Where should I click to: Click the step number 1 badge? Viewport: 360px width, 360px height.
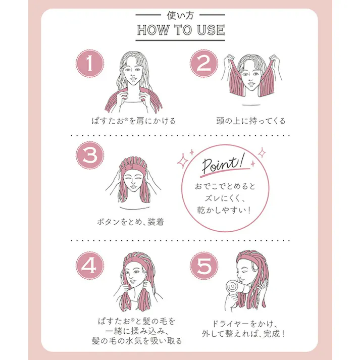(x=90, y=64)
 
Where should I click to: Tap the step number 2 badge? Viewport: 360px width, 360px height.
(x=204, y=64)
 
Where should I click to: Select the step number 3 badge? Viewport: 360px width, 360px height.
(x=90, y=155)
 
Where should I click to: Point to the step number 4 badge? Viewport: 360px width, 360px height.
(x=90, y=266)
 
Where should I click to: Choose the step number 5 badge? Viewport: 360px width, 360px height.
(x=204, y=266)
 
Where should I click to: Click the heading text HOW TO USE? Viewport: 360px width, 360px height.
(x=181, y=30)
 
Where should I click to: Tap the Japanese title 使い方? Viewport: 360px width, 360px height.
(x=180, y=15)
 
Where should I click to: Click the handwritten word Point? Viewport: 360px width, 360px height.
(x=223, y=164)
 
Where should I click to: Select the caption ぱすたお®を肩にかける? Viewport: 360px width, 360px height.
(x=134, y=121)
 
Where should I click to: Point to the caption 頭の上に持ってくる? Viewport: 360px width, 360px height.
(x=251, y=121)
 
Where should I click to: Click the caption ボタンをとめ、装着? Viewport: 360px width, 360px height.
(x=130, y=222)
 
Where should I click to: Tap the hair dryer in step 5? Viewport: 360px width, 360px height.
(x=236, y=287)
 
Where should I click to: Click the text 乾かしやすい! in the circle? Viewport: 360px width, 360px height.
(x=224, y=210)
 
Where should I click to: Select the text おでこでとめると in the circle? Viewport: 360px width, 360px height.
(x=225, y=186)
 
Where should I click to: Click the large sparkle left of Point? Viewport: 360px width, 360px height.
(x=183, y=161)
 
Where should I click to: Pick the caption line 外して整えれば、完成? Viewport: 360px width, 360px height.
(x=243, y=334)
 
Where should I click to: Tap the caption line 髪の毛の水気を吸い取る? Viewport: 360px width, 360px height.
(x=137, y=341)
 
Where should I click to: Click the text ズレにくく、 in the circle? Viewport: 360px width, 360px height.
(x=225, y=198)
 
